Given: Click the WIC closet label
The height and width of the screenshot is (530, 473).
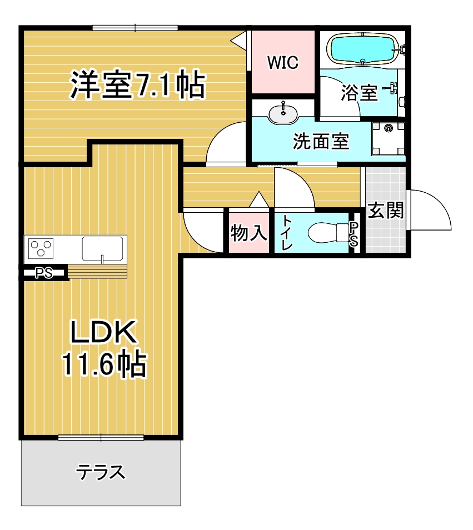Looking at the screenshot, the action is tap(283, 63).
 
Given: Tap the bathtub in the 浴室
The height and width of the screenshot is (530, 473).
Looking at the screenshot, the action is tap(362, 49).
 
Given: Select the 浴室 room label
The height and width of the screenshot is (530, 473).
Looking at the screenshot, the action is tap(359, 93).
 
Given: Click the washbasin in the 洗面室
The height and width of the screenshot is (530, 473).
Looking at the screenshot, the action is tap(283, 113).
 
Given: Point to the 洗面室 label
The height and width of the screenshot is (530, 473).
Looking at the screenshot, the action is tap(321, 141).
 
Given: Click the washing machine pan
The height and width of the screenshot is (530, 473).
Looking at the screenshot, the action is tap(388, 138).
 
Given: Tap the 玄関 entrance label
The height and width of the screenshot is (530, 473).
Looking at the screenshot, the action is tap(386, 211).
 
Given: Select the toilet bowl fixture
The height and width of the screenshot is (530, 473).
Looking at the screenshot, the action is tap(328, 233).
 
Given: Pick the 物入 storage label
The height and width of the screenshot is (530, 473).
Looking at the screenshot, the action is tap(248, 233).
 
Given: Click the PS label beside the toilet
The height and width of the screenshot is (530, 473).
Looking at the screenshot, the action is tap(353, 234).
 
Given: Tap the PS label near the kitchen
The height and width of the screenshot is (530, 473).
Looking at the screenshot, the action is tap(44, 273).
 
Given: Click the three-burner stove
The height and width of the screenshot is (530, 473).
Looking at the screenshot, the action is tap(41, 248).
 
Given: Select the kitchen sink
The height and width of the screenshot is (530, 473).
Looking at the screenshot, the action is tap(102, 249).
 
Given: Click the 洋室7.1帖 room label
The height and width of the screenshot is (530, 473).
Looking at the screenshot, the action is tap(137, 84).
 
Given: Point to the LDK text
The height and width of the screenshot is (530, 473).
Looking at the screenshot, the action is tap(103, 332).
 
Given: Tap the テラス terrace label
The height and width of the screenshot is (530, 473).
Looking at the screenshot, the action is tap(101, 472).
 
